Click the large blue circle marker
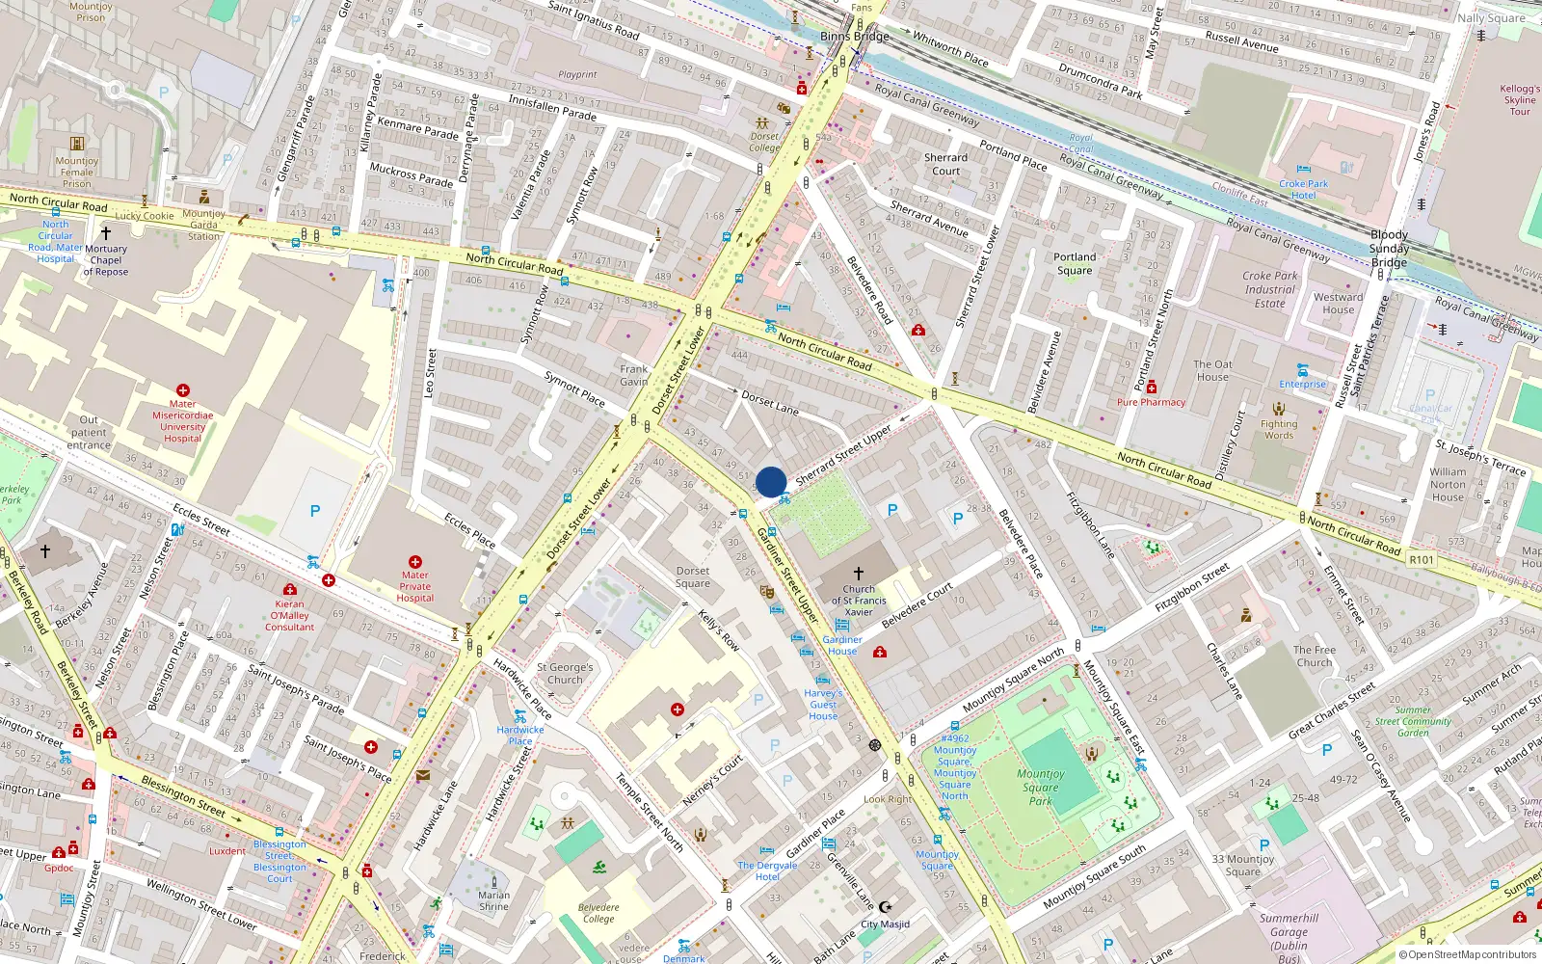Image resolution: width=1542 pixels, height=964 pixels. click(771, 482)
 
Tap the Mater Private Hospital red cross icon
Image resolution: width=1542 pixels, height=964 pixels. click(415, 562)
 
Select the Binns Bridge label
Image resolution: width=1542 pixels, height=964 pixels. click(855, 37)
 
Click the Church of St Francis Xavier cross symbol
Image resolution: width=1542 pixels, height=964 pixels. click(858, 574)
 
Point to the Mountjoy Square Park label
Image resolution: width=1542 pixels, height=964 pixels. click(1041, 787)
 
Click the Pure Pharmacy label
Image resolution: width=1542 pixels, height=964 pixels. click(1151, 402)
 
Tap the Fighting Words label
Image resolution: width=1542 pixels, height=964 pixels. click(1279, 429)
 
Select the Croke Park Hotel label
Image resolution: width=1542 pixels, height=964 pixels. click(1303, 189)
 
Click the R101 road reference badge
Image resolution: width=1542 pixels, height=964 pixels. click(1422, 560)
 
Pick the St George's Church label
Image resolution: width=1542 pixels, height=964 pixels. click(565, 673)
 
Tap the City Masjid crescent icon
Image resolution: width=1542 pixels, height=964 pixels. click(886, 907)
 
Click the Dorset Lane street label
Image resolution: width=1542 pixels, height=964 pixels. click(769, 403)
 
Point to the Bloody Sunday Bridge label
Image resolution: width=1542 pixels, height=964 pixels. click(1389, 249)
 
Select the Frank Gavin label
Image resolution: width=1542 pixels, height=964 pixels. click(633, 375)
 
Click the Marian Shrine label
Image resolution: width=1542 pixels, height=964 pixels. click(493, 900)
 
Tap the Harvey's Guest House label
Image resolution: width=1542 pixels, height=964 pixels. click(823, 704)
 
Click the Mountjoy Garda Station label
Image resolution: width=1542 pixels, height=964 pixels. click(203, 225)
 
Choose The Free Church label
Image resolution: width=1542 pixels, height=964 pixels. click(1315, 656)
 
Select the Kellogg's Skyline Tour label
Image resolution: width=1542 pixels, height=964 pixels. click(1520, 100)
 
